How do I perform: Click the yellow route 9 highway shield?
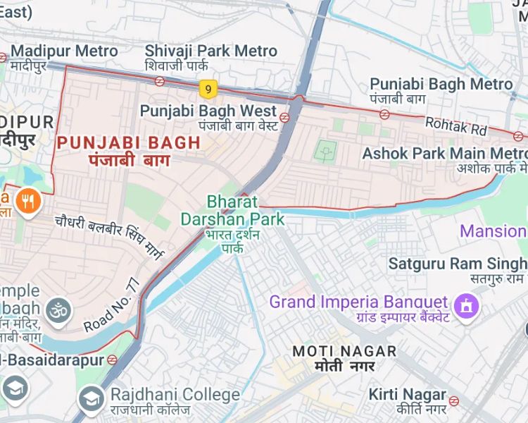[x=206, y=89]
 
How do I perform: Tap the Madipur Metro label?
[x=64, y=51]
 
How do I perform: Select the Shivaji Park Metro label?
[x=211, y=51]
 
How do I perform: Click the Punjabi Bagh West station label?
[x=208, y=111]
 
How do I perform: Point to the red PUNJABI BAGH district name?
[x=129, y=142]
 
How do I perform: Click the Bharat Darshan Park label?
[x=233, y=210]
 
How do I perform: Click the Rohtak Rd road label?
[x=456, y=126]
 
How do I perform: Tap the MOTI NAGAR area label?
[x=344, y=351]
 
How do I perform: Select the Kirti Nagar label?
[x=407, y=395]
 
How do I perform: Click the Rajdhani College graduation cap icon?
[x=91, y=399]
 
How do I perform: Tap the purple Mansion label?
[x=494, y=231]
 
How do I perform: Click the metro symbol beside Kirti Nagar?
[x=454, y=400]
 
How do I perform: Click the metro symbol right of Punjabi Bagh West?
[x=285, y=117]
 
